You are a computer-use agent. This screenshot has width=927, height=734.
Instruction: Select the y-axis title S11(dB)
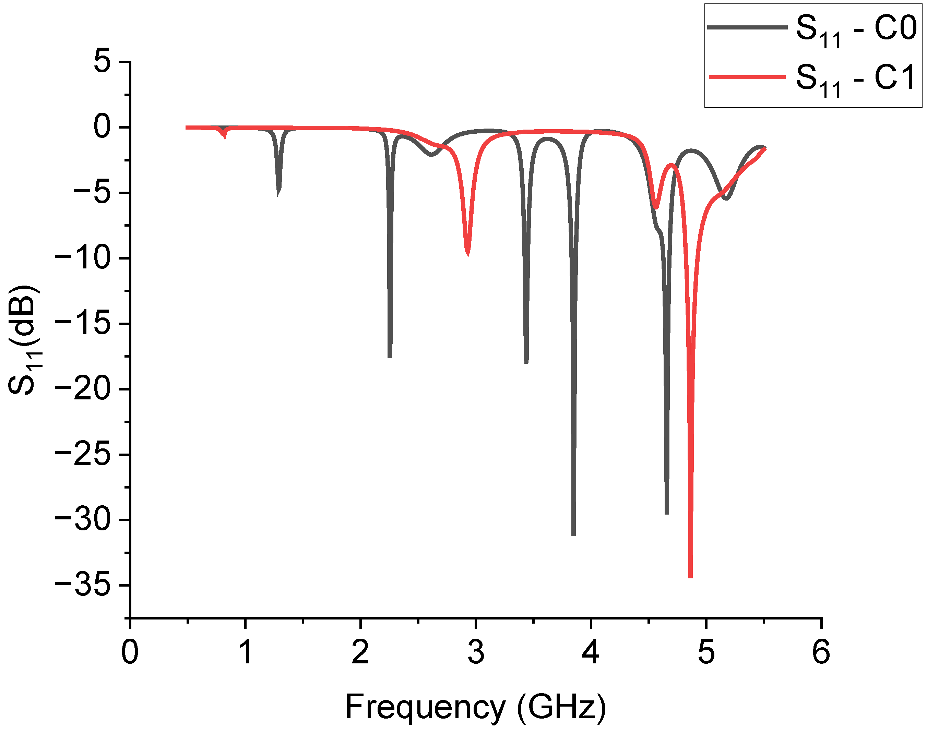pos(24,339)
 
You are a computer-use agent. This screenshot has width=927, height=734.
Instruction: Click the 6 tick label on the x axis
pos(821,652)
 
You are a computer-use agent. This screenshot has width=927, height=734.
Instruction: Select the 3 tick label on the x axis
pos(476,652)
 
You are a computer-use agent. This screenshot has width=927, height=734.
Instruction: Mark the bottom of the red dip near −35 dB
pos(690,577)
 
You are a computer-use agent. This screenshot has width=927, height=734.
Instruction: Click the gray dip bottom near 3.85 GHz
pos(573,534)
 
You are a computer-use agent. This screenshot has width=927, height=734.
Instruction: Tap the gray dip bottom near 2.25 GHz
pos(390,356)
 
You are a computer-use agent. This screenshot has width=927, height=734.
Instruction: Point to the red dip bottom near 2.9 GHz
pos(468,254)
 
